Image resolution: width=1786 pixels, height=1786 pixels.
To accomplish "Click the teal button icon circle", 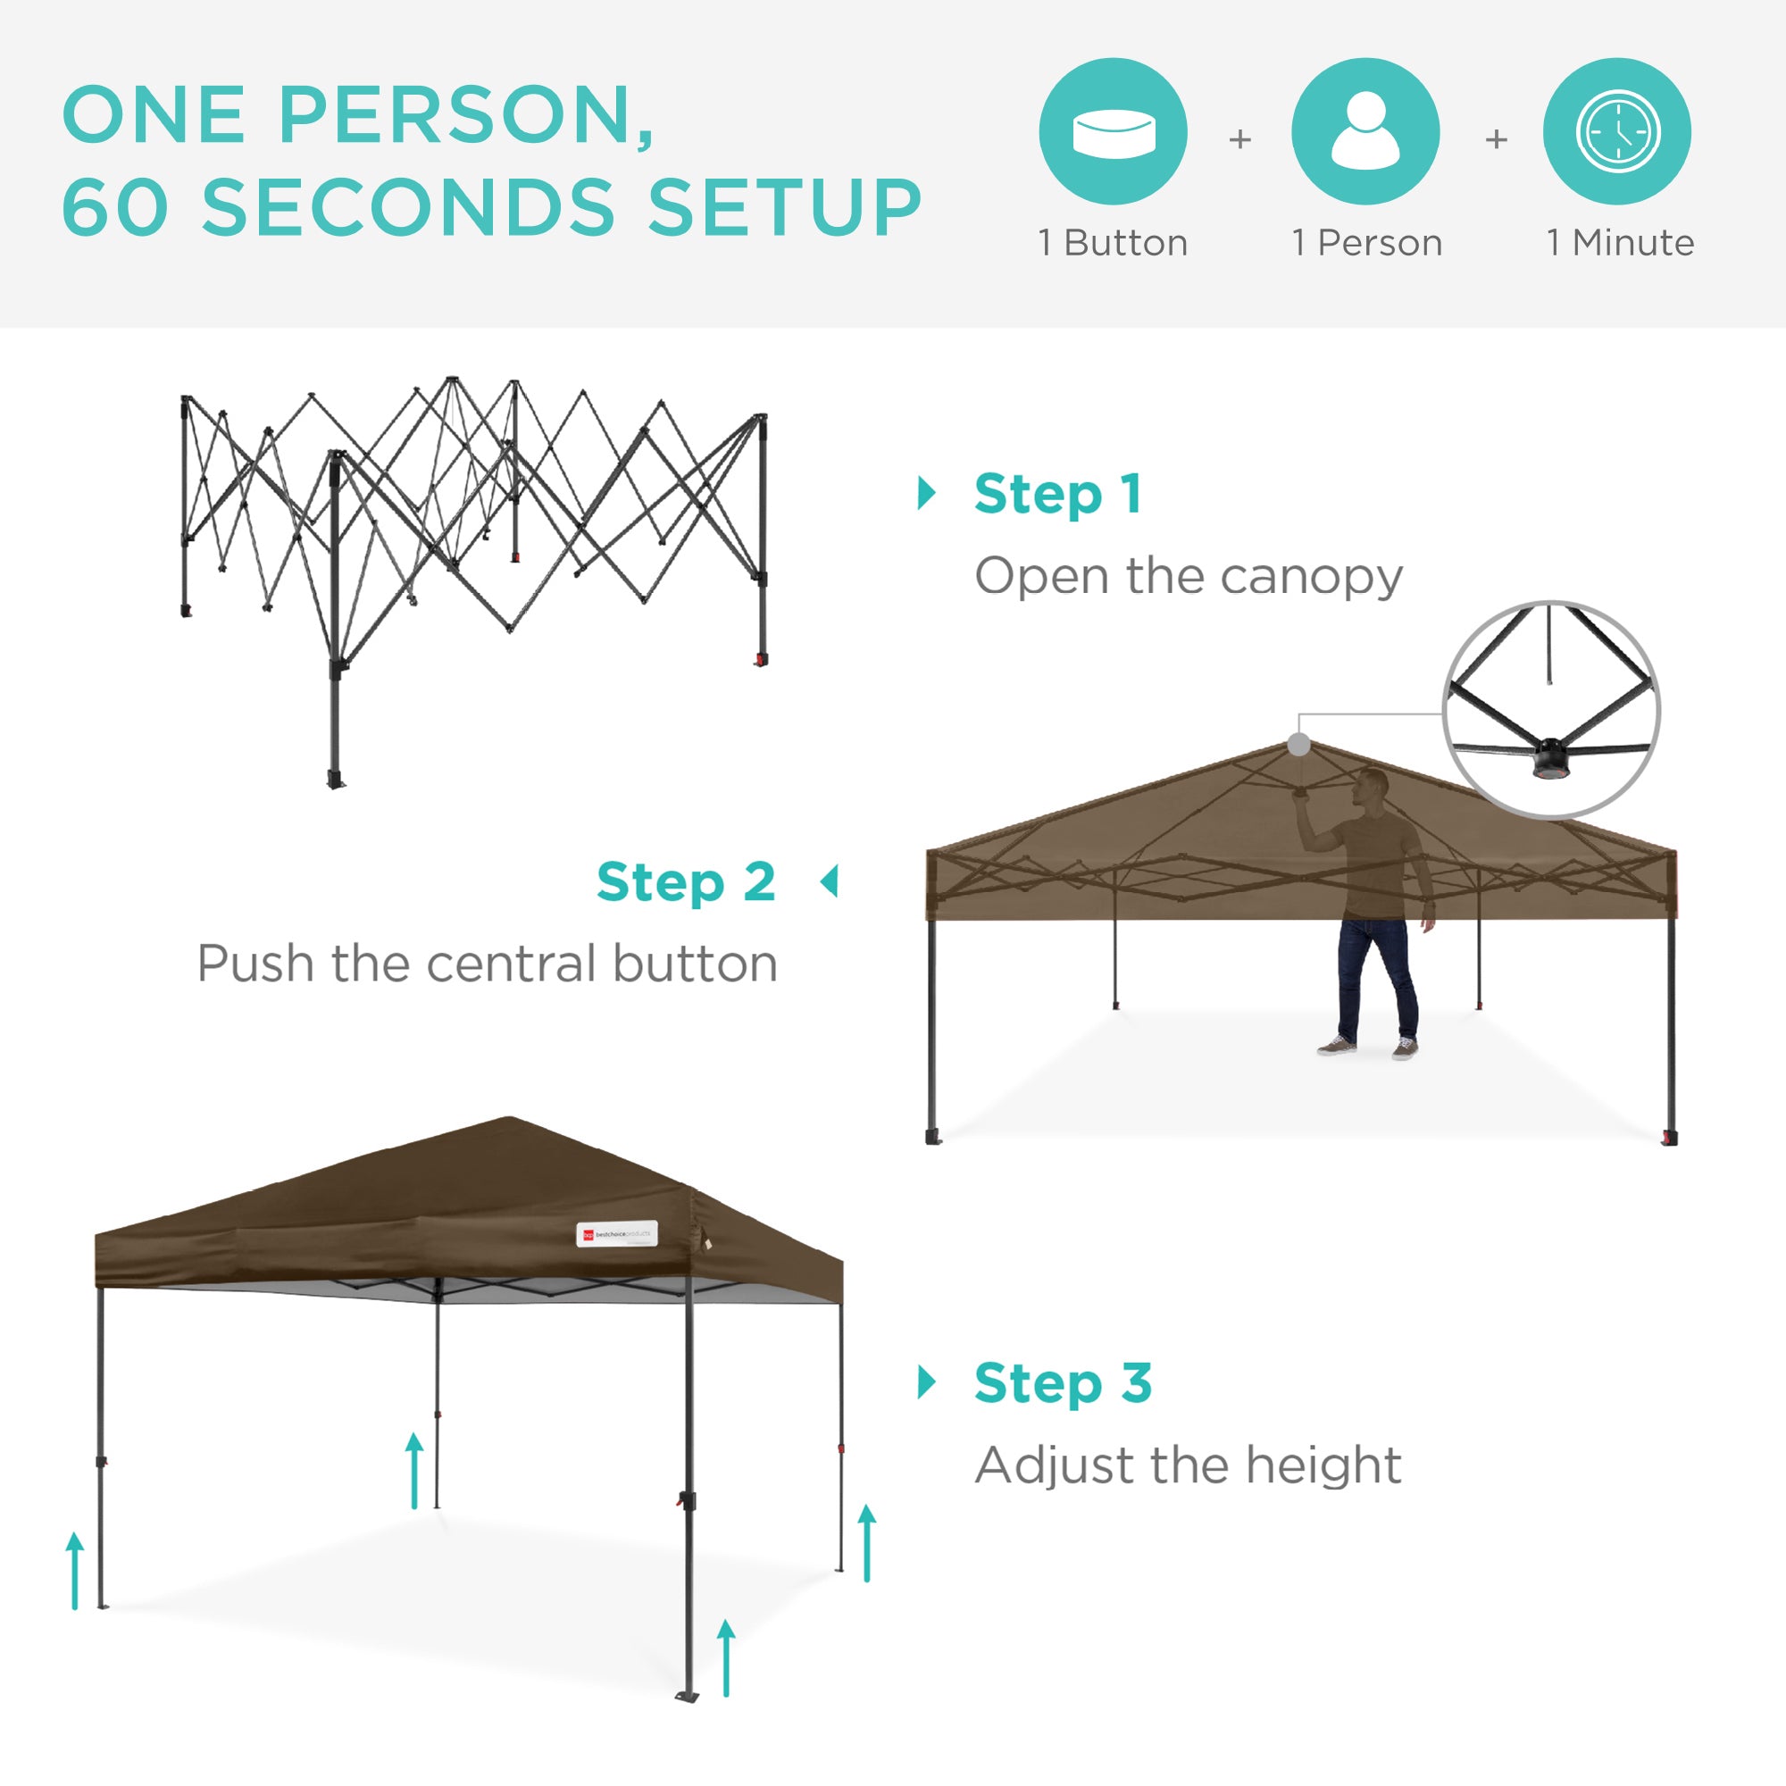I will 1113,131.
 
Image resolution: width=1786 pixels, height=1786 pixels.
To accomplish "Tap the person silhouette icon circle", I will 1365,131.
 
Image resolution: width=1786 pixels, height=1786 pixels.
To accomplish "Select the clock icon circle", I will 1617,131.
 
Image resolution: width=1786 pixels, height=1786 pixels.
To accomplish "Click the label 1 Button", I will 1113,243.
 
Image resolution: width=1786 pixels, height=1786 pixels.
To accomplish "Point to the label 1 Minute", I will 1620,243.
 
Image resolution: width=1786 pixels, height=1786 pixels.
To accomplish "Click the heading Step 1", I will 1057,494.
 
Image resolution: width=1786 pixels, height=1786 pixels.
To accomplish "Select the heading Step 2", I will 686,882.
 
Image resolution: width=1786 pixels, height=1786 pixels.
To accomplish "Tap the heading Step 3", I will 1063,1383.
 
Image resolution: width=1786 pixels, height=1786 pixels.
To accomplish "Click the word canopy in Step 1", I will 1311,578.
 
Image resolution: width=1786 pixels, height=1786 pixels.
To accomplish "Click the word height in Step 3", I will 1323,1465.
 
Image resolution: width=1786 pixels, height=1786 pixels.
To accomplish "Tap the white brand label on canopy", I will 616,1234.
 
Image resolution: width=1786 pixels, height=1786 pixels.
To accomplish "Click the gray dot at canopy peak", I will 1298,744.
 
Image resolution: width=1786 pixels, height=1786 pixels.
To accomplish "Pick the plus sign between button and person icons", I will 1239,139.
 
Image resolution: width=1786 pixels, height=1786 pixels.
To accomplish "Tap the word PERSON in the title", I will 452,115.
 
